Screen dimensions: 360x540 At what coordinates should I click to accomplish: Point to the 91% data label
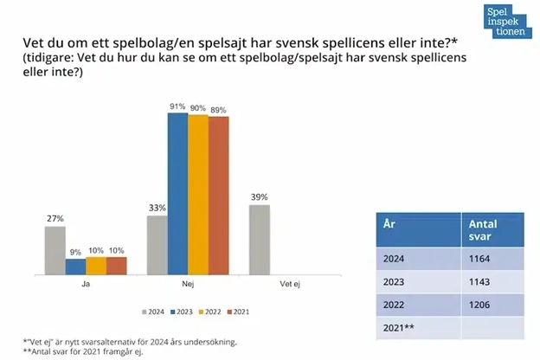click(177, 106)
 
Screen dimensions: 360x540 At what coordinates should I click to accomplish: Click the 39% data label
click(259, 197)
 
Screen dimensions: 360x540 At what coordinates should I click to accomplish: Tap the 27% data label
click(55, 219)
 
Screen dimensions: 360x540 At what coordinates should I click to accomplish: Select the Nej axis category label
click(188, 282)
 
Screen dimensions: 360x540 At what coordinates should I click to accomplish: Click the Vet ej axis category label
click(290, 282)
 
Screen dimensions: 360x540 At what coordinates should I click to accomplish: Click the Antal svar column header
click(490, 229)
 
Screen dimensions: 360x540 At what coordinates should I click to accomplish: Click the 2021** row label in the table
click(402, 328)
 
